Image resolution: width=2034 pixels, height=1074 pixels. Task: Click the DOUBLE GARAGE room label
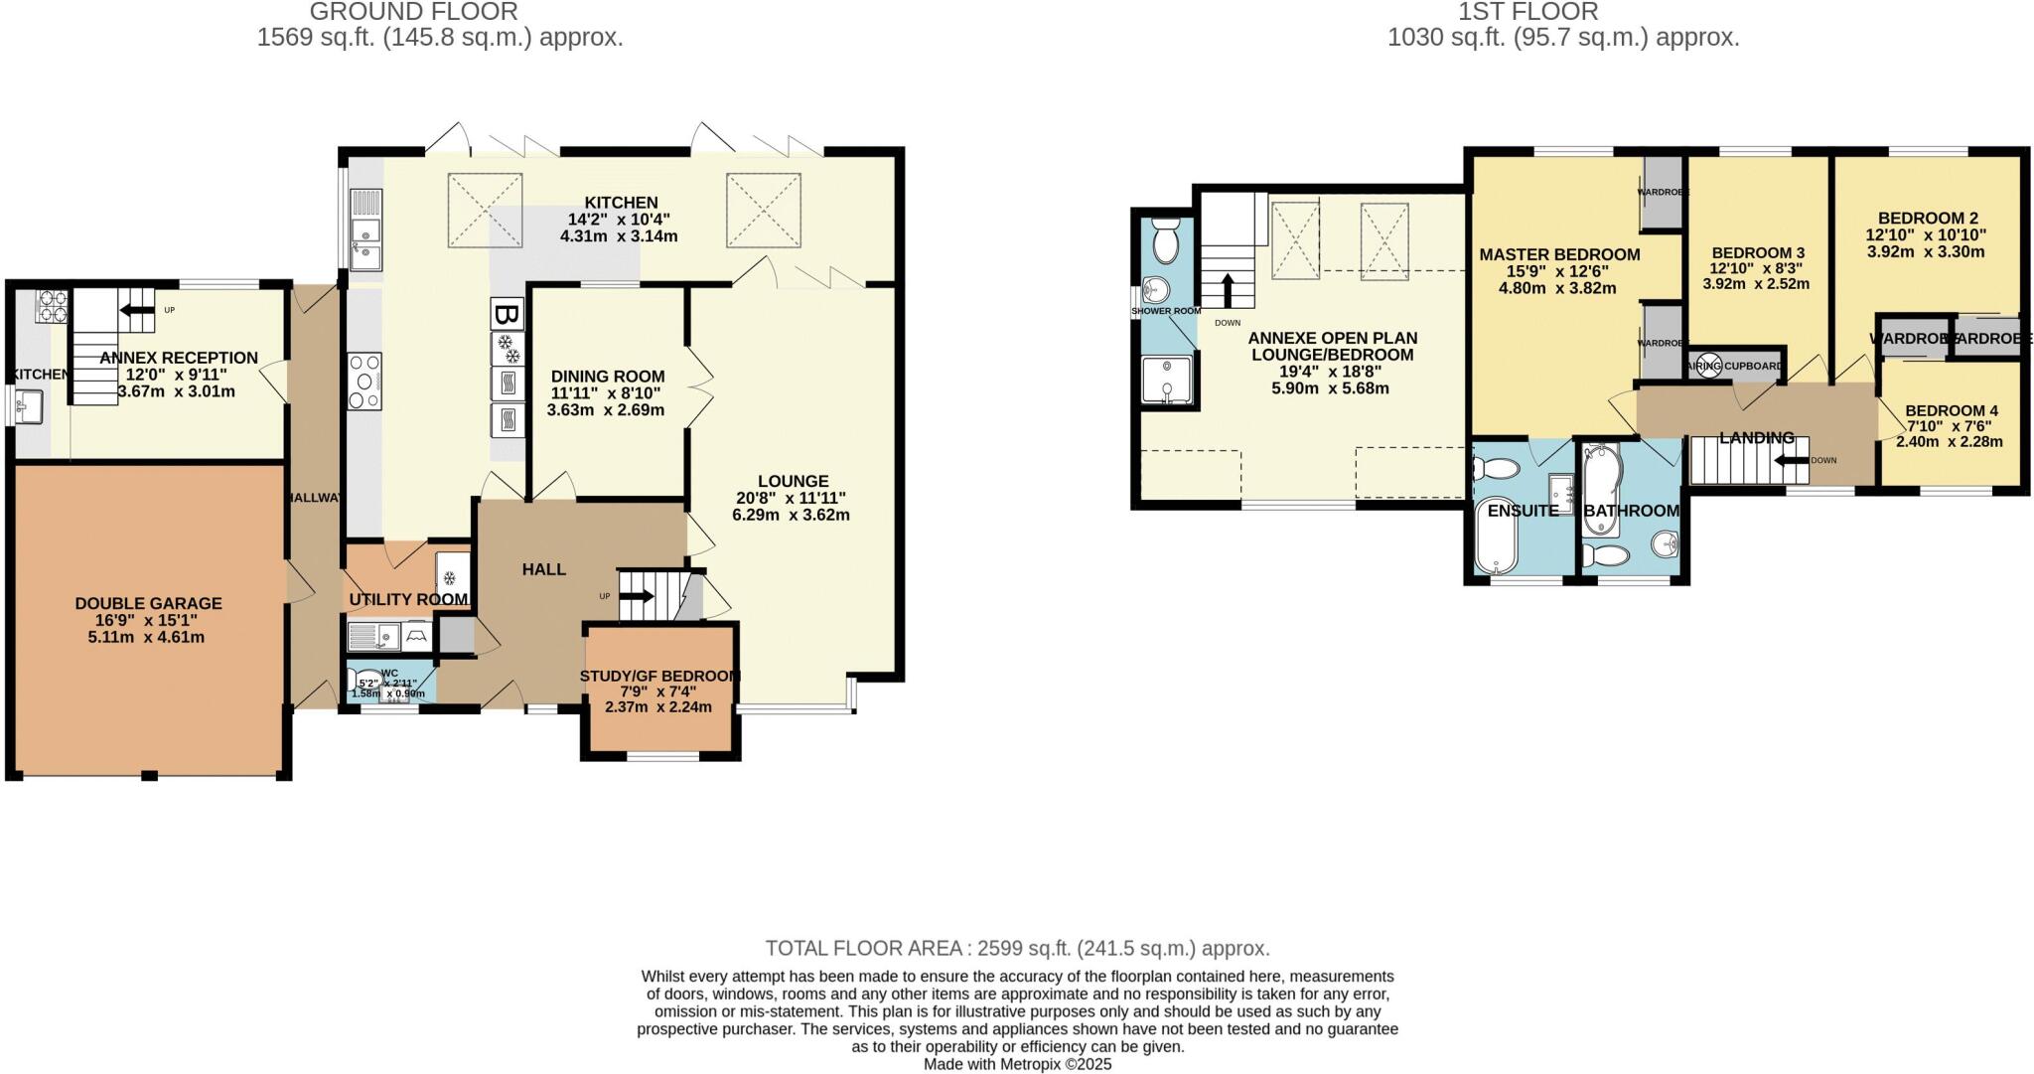point(148,603)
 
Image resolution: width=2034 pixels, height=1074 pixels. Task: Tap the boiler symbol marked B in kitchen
point(507,316)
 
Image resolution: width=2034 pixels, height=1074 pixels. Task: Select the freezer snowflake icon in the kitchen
point(508,349)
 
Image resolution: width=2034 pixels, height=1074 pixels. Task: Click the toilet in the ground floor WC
point(360,680)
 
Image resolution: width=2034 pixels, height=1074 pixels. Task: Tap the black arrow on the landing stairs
point(1794,460)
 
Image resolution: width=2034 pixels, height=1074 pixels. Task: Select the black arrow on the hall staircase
point(636,597)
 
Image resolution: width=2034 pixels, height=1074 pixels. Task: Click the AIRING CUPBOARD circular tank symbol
point(1706,366)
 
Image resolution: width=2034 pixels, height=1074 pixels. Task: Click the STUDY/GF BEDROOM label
point(659,676)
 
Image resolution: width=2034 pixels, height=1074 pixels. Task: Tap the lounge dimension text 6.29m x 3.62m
point(791,515)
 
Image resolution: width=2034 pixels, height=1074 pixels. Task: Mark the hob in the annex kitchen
point(50,306)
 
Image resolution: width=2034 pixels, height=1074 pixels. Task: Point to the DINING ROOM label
point(607,377)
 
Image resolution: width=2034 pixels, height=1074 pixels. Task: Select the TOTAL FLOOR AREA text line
point(1017,948)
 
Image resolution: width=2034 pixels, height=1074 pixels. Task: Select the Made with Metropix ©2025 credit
point(1017,1064)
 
